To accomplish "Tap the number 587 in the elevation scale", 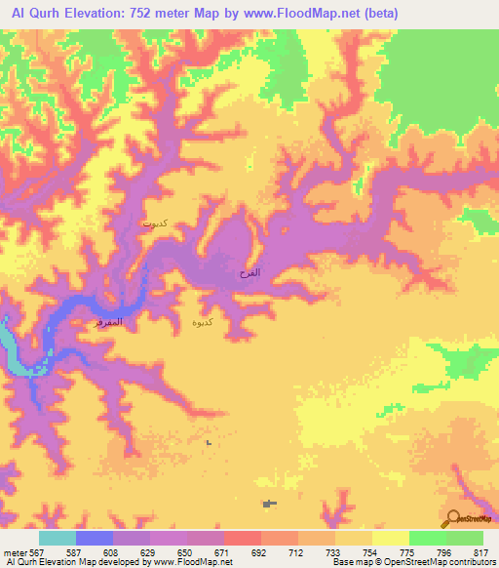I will [x=75, y=551].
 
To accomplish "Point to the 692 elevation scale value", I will [x=259, y=551].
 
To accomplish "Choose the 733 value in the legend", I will [x=334, y=551].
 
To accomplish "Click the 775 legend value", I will [x=408, y=551].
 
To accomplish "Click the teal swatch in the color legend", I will [x=58, y=538].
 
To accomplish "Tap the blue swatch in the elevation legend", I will [x=95, y=538].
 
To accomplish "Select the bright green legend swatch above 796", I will [x=427, y=538].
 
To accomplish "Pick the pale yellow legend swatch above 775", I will [x=390, y=538].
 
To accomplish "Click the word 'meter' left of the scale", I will [x=14, y=551].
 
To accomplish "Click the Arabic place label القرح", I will [x=249, y=272].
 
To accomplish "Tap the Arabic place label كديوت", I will [x=154, y=223].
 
